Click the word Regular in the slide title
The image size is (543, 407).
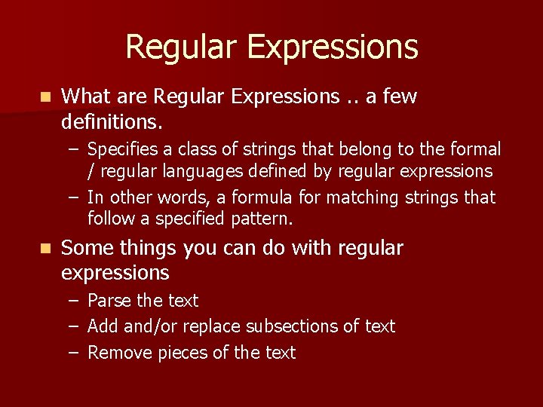tap(181, 47)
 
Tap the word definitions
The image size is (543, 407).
tap(111, 121)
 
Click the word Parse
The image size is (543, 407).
tap(109, 301)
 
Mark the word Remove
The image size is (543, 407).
tap(120, 353)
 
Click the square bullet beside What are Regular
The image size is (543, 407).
tap(46, 97)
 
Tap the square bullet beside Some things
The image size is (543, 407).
tap(46, 249)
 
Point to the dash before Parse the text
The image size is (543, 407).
tap(72, 301)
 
